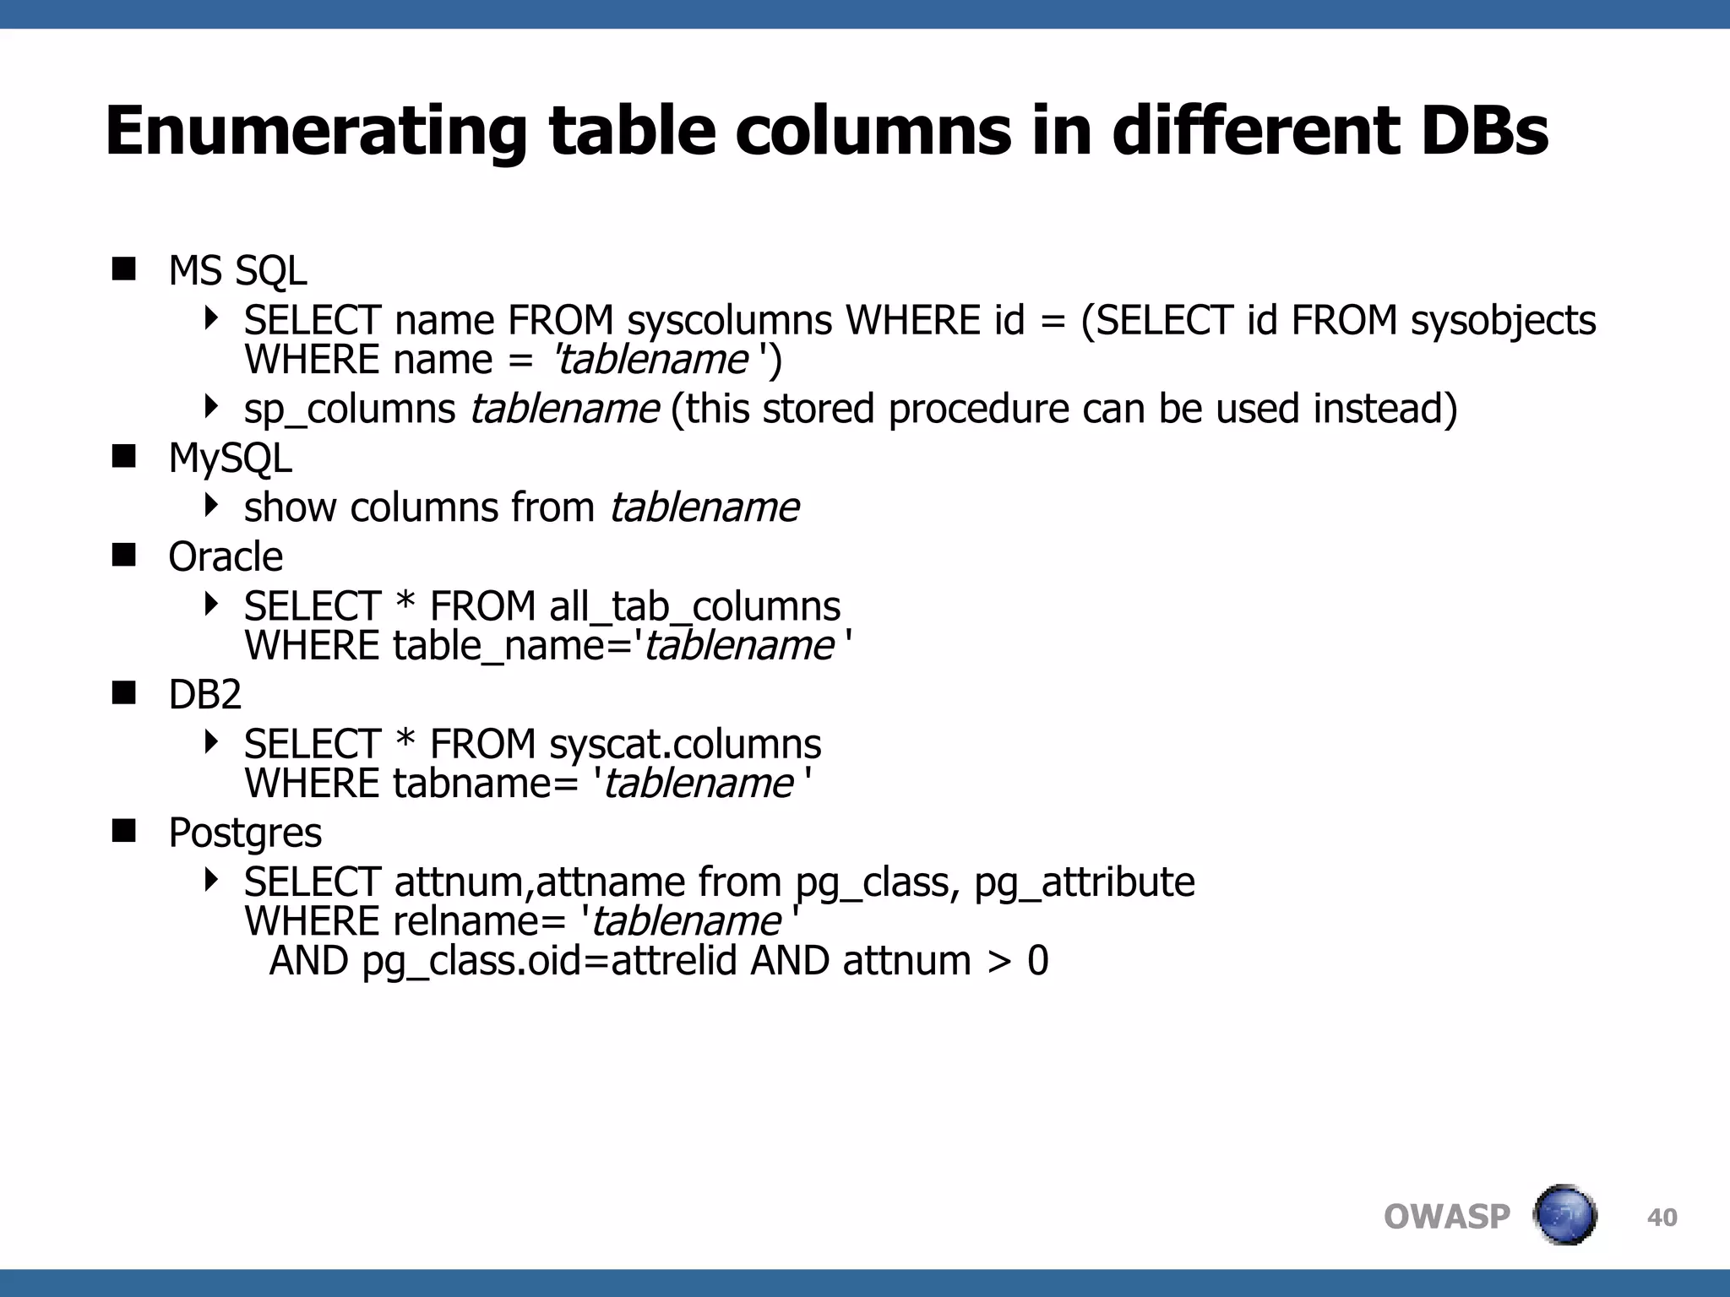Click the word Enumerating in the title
coord(316,132)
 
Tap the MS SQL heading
coord(237,272)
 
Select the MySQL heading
coord(230,459)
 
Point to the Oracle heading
coord(226,557)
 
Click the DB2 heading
coord(205,695)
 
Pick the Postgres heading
coord(245,833)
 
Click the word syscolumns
coord(730,321)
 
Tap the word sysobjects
coord(1504,321)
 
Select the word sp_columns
coord(350,410)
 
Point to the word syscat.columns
coord(685,745)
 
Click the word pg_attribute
coord(1085,883)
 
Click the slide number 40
coord(1662,1218)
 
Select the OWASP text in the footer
coord(1446,1218)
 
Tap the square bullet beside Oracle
coord(124,556)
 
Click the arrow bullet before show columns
coord(211,506)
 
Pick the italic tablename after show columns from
coord(705,508)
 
